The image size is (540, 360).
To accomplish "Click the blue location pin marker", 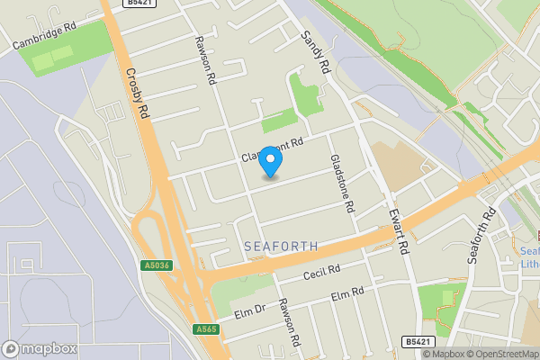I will pos(271,161).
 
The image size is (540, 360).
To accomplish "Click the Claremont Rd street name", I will pos(273,149).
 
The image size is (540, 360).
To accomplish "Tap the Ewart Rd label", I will pos(400,233).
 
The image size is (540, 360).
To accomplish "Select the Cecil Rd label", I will pos(321,272).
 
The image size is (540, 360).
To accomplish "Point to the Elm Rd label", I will pos(346,294).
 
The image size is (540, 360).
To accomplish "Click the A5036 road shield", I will pos(156,265).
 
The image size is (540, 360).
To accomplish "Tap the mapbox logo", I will pos(40,348).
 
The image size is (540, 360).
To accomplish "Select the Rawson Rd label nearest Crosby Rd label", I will pos(206,61).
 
